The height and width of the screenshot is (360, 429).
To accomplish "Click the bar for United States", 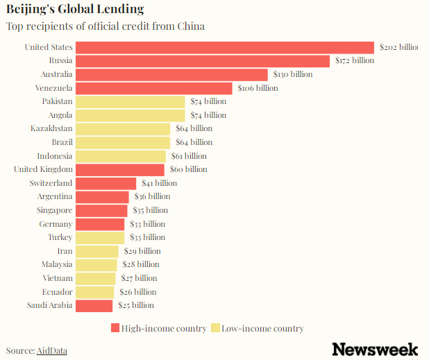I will tap(224, 47).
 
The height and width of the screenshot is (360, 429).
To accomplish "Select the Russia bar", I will tap(202, 61).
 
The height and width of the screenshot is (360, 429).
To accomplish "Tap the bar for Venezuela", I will tap(153, 88).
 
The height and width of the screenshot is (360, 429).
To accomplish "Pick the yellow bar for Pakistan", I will tap(130, 101).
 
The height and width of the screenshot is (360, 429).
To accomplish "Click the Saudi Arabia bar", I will tap(94, 305).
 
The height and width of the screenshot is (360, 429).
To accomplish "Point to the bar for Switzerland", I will tap(106, 183).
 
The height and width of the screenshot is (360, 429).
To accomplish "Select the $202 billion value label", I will tap(398, 47).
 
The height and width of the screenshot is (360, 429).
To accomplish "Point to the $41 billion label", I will tap(159, 183).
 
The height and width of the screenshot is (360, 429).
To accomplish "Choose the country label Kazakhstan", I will tap(51, 128).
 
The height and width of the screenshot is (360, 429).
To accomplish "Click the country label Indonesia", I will tap(54, 156).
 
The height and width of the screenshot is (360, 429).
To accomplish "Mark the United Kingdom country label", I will tap(43, 169).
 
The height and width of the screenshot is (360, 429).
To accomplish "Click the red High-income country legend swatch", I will tap(115, 328).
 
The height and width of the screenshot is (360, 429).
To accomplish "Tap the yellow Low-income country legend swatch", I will tap(215, 328).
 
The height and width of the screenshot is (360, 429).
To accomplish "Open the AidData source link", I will tap(52, 351).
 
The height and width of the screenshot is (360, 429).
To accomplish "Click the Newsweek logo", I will tap(375, 349).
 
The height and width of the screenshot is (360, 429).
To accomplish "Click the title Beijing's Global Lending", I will tap(75, 10).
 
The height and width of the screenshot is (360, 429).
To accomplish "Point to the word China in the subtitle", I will tap(190, 26).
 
